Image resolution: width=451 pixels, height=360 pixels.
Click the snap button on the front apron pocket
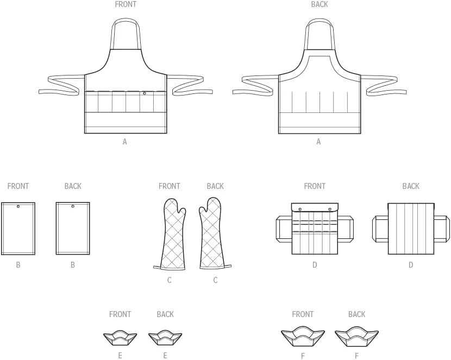145,93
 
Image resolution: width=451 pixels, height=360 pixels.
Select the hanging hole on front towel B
18,206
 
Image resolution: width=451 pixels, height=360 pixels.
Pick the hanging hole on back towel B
73,206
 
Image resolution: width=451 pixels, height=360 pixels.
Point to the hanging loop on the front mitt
158,268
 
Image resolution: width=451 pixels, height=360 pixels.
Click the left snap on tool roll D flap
300,209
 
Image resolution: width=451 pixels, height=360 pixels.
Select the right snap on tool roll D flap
330,209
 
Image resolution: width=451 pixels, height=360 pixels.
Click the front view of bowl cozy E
120,339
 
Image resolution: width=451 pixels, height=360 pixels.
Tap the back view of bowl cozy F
356,337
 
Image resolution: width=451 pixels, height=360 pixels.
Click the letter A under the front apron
124,141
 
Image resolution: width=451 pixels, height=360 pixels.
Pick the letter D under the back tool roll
411,264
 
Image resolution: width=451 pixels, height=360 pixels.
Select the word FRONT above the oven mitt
170,186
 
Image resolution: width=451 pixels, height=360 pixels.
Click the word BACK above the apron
320,4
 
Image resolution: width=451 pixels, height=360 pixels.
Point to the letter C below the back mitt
215,280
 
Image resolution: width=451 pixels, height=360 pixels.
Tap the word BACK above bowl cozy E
165,314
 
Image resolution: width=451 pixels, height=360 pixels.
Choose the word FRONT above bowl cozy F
303,314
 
